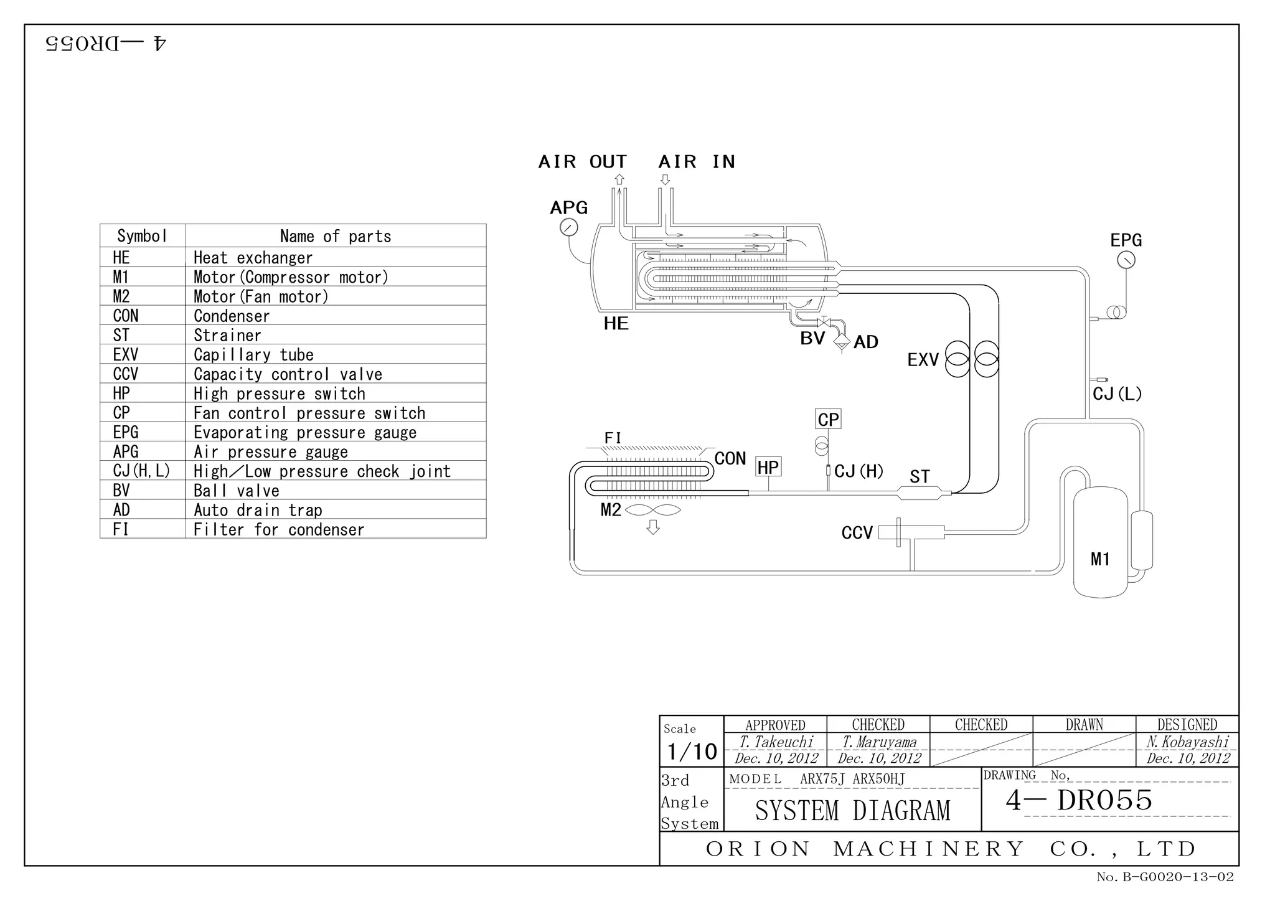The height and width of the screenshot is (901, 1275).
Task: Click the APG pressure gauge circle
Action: coord(568,228)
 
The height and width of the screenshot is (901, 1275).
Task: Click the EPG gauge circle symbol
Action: coord(1126,260)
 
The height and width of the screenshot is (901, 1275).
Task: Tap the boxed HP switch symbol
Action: coord(768,467)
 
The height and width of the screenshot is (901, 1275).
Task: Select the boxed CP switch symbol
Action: coord(828,419)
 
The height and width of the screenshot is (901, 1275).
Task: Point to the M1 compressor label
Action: coord(1100,559)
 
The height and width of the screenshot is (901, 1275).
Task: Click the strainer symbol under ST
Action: coord(919,494)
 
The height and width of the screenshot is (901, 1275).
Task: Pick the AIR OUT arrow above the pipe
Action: coord(619,180)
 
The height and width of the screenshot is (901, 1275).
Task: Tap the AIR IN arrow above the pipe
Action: coord(665,180)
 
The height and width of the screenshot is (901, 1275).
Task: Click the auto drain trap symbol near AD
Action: coord(842,342)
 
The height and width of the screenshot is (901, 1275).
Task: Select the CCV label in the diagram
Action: coord(857,533)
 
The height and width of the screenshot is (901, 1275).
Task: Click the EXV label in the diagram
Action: coord(923,360)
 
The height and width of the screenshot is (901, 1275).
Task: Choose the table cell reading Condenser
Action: coord(232,316)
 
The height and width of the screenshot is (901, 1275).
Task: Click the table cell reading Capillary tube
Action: coord(253,355)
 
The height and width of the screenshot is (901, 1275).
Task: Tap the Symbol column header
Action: coord(143,236)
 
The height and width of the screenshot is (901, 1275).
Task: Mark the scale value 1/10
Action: coord(692,752)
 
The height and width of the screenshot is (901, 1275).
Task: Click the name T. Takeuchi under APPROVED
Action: coord(776,742)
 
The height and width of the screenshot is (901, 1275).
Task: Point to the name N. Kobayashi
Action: coord(1187,742)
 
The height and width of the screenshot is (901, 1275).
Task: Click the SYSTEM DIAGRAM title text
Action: coord(852,811)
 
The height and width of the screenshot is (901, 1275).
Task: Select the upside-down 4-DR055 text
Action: coord(106,44)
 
